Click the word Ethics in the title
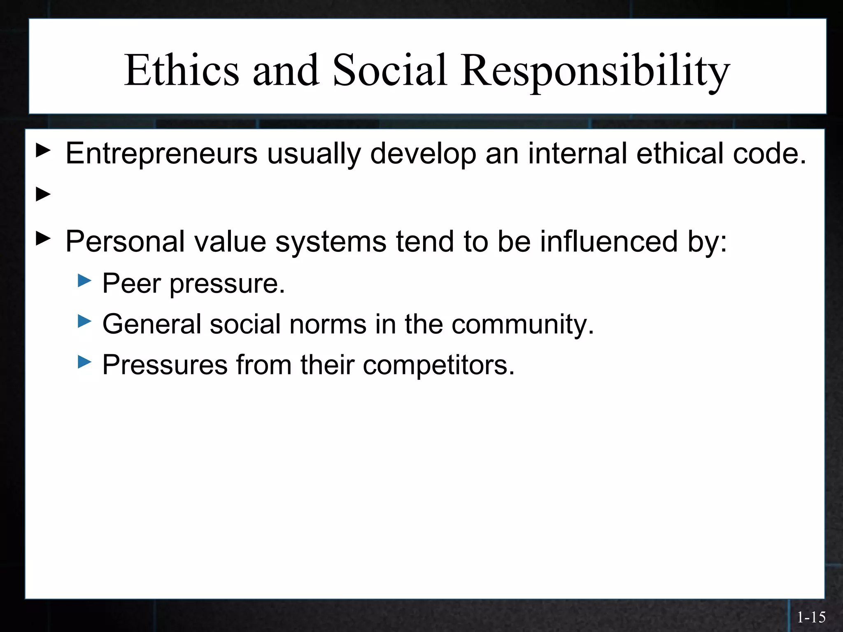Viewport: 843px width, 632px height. tap(182, 70)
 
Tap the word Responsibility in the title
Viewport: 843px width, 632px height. tap(595, 70)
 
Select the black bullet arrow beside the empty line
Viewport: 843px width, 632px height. tap(43, 194)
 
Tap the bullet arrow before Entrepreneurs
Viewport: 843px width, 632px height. tap(43, 151)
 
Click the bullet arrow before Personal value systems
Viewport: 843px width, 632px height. tap(43, 238)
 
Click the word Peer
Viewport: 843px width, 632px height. tap(132, 283)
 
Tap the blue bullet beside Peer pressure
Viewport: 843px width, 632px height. tap(84, 281)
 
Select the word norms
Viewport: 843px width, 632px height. tap(328, 324)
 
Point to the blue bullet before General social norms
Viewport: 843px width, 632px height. tap(84, 321)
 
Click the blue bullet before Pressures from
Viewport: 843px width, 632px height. tap(84, 362)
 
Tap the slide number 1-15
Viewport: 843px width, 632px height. tap(811, 617)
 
